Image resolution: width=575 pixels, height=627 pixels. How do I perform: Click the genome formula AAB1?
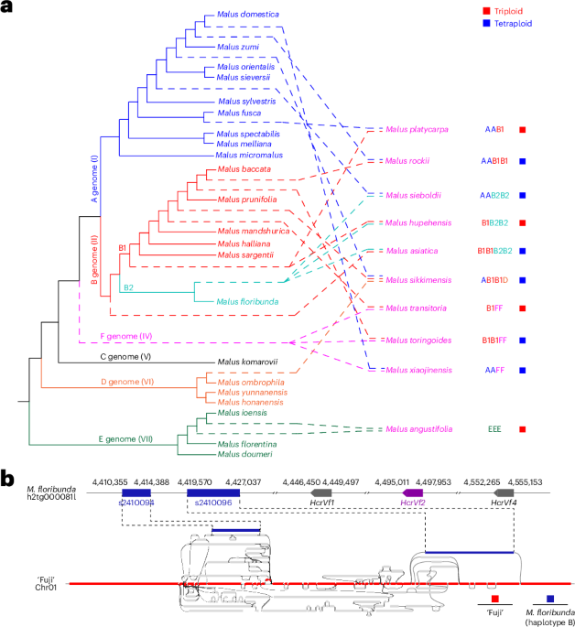[495, 130]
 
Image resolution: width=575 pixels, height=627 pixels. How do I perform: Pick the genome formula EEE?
[495, 428]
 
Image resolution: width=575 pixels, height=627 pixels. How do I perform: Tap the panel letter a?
[8, 8]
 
